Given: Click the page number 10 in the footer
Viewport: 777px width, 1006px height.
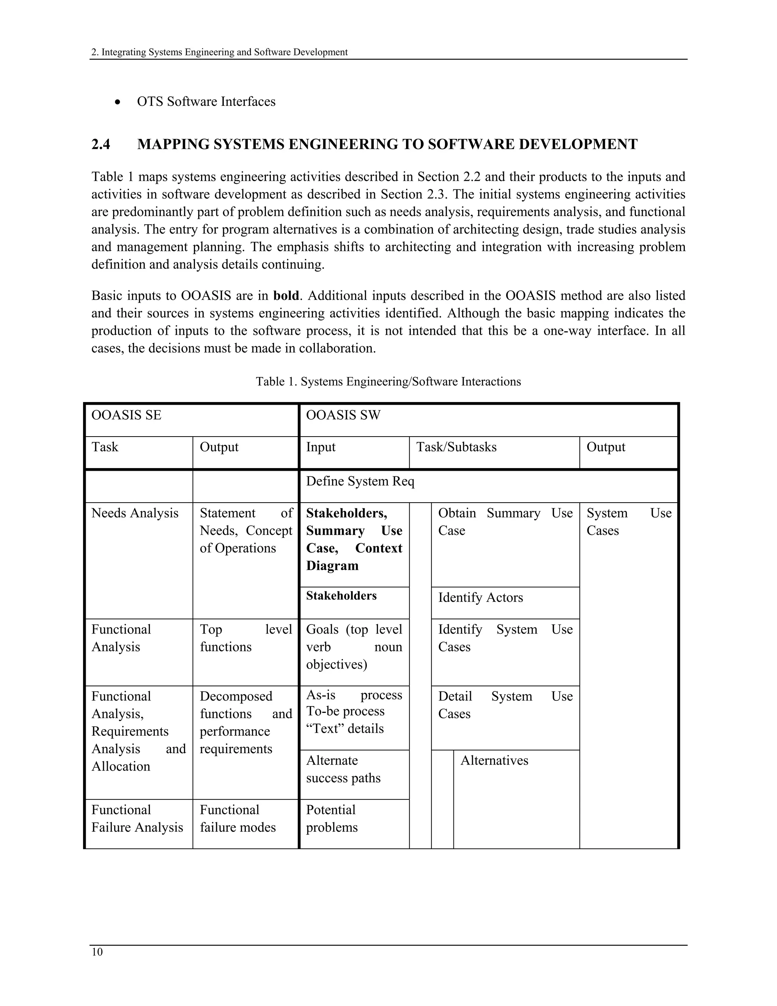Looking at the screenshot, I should [x=97, y=952].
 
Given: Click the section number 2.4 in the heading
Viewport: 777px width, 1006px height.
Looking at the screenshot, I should [x=101, y=144].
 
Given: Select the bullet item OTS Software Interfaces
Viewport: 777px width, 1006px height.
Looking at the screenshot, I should [x=206, y=101].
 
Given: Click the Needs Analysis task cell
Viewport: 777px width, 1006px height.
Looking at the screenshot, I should [x=135, y=513].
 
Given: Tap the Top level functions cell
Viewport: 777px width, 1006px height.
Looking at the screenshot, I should [x=245, y=638].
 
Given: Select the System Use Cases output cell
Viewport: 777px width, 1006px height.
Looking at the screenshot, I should [x=628, y=522].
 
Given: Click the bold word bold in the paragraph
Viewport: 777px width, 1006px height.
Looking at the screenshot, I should [x=286, y=296].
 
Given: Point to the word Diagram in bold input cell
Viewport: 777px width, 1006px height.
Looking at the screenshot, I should [x=332, y=566].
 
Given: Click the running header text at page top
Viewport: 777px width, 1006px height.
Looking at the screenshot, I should [x=219, y=52].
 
